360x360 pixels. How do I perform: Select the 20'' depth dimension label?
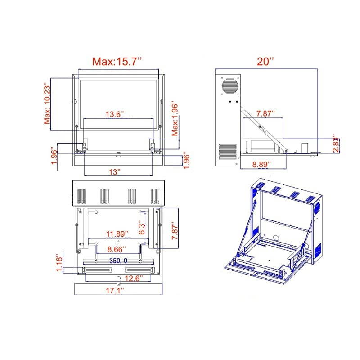[x=266, y=62]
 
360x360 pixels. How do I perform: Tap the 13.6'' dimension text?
[x=115, y=114]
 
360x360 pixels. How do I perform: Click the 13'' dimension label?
[x=115, y=171]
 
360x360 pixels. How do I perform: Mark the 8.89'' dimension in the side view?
[x=261, y=164]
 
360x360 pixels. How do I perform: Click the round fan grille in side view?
[x=229, y=86]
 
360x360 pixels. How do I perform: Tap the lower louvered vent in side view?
[x=228, y=152]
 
